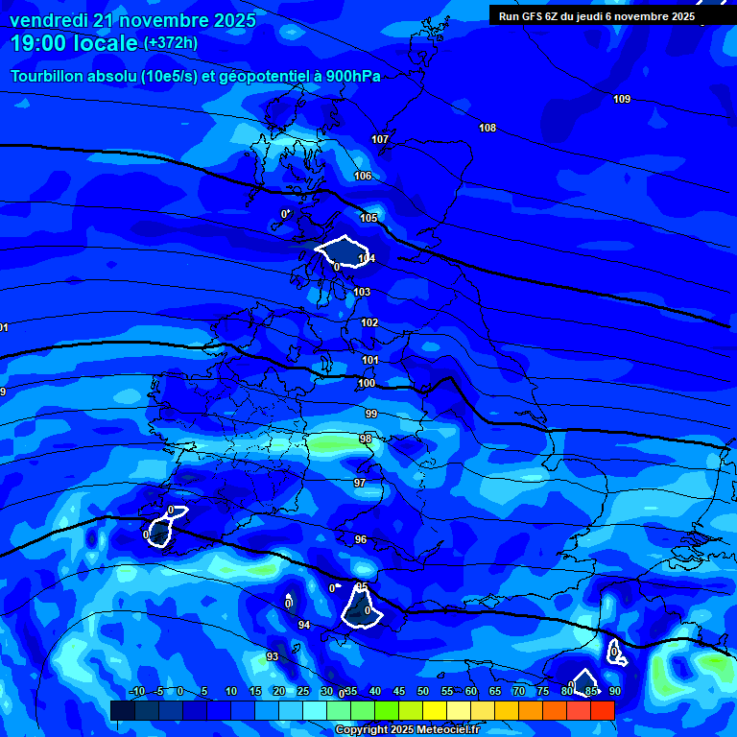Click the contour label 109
point(622,99)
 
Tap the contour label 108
point(487,128)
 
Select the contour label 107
point(380,139)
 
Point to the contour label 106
point(363,176)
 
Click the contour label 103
point(362,292)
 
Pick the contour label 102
point(369,322)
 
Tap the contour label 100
point(367,383)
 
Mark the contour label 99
point(370,414)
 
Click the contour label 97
point(360,483)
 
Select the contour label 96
point(361,539)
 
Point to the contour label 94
point(304,625)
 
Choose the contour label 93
point(273,656)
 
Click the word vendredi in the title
point(48,20)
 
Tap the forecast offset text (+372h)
point(170,43)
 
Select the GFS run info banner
point(597,16)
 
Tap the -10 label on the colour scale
point(137,691)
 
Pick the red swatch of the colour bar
point(602,710)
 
